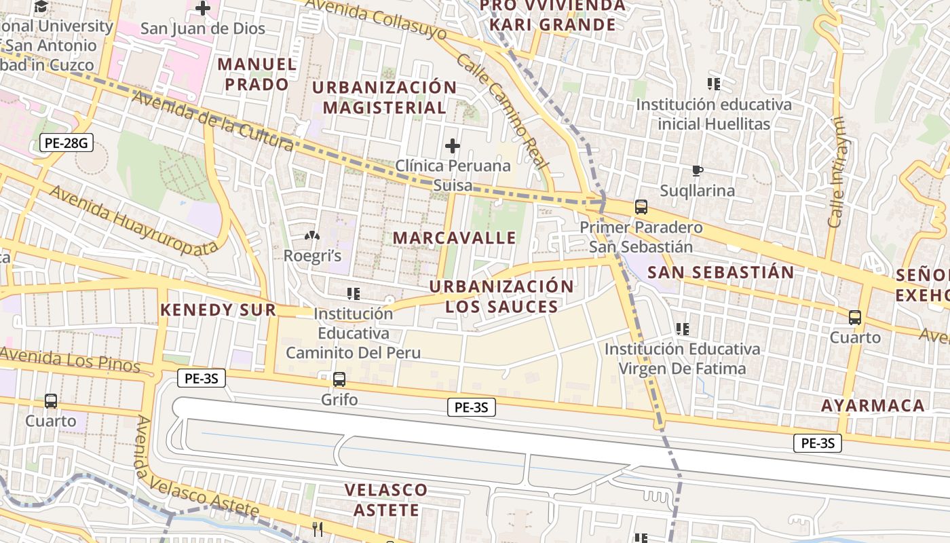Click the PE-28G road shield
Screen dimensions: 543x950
coord(66,143)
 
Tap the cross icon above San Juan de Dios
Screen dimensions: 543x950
coord(202,9)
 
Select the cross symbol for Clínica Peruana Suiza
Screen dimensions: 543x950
coord(452,146)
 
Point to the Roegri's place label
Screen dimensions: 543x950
coord(312,256)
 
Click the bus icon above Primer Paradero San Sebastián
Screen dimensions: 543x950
coord(641,207)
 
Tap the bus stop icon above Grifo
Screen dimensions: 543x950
coord(339,379)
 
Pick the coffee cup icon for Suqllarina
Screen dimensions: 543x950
coord(697,170)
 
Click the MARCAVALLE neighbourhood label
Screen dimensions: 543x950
coord(455,238)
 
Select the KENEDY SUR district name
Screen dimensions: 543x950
coord(218,310)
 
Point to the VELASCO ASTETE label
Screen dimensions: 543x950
coord(386,500)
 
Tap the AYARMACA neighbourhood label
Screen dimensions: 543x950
coord(873,406)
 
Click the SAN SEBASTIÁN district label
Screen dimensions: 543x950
coord(721,273)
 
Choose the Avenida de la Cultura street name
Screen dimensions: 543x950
coord(212,121)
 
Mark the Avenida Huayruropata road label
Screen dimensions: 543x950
coord(134,221)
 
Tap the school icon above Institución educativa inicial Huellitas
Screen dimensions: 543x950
coord(713,84)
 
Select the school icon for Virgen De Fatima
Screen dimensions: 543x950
coord(682,329)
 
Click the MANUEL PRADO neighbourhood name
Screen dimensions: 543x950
coord(257,74)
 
